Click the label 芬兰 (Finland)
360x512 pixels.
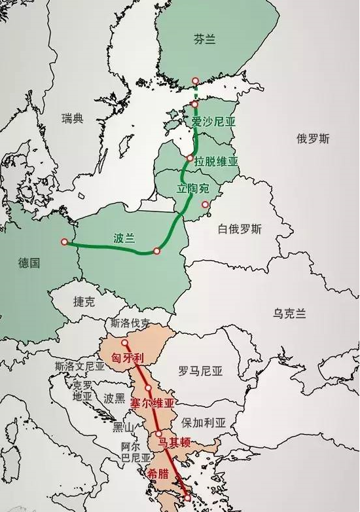coord(205,39)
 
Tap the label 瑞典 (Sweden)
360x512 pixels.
coord(73,119)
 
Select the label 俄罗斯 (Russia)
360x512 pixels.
coord(313,139)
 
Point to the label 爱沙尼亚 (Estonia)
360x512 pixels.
coord(213,122)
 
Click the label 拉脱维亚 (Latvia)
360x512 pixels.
coord(216,161)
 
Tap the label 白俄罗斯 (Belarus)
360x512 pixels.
coord(240,229)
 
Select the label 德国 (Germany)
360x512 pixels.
coord(29,263)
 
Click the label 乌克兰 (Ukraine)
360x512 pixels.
coord(289,314)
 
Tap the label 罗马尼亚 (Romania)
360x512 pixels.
coord(200,371)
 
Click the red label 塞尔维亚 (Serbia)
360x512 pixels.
coord(153,403)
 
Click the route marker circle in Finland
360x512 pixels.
coord(194,81)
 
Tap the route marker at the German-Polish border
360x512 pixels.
coord(64,242)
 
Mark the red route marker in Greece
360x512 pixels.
coord(188,498)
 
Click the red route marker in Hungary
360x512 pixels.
coord(124,342)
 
